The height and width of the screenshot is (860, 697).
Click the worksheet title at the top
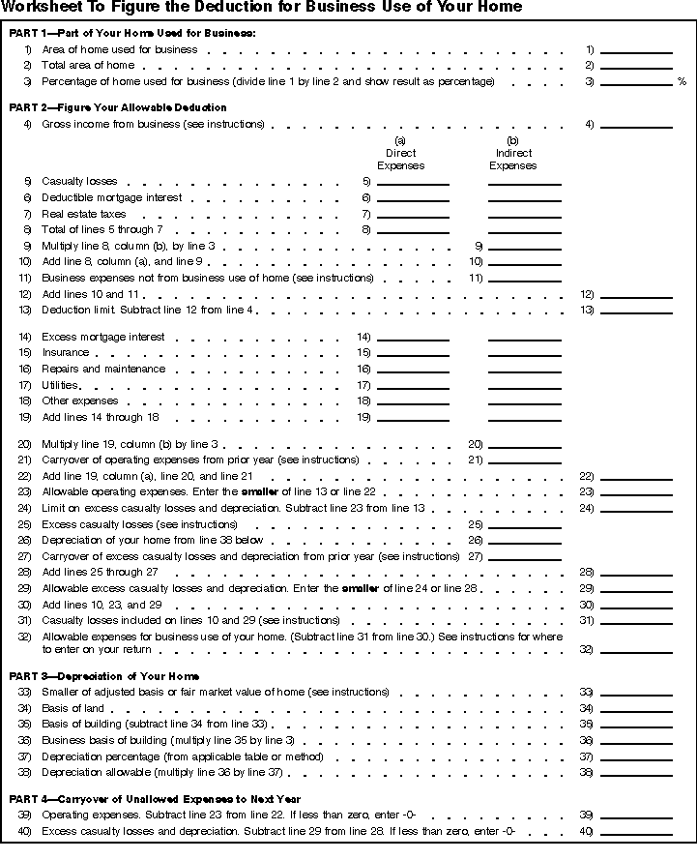[261, 8]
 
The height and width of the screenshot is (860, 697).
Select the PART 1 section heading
[132, 34]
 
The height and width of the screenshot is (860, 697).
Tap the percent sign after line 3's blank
[682, 82]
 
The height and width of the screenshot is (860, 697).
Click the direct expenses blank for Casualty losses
[413, 181]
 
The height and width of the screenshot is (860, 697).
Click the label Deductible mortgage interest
[111, 197]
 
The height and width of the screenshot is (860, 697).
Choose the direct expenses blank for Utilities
[413, 385]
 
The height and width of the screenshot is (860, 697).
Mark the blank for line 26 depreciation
[524, 540]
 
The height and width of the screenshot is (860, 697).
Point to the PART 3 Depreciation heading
[104, 676]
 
